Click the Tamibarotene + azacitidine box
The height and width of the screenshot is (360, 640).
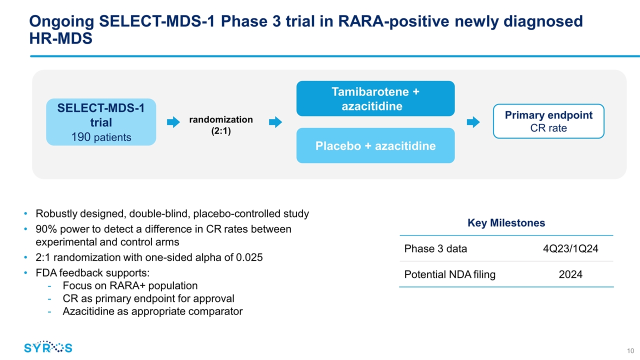[375, 98]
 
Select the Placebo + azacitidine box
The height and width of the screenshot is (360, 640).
[375, 146]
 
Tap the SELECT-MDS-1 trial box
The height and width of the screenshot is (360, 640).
[101, 122]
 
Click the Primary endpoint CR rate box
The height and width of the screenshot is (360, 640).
[548, 121]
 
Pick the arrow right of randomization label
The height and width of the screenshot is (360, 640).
[275, 122]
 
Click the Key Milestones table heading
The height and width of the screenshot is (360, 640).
[506, 223]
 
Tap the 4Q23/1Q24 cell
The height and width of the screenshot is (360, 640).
[570, 249]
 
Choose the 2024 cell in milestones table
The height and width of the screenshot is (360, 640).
[570, 274]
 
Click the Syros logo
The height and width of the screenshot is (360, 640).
[48, 347]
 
